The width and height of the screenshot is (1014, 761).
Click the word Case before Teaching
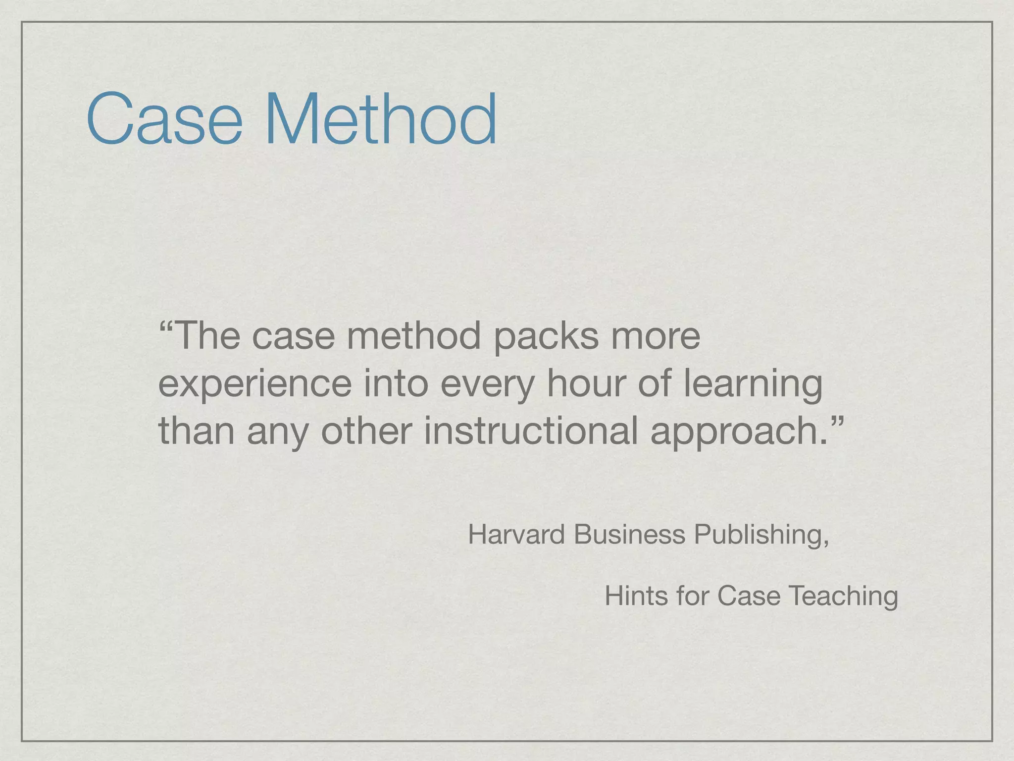tap(748, 596)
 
